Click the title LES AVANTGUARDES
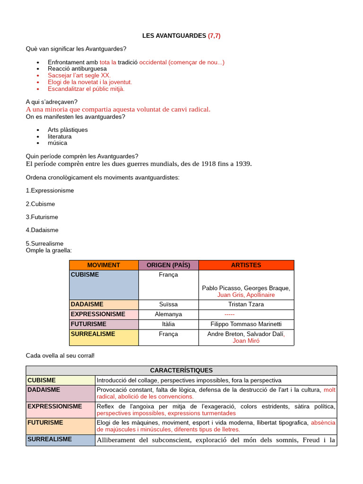coord(174,35)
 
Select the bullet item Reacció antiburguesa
coord(77,69)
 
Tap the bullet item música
coord(57,143)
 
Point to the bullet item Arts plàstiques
coord(68,130)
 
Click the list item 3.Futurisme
coord(42,217)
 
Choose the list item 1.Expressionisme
coord(50,190)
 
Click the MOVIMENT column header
coord(104,265)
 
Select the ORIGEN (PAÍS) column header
coord(168,265)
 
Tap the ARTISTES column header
coord(246,265)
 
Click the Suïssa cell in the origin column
coord(168,304)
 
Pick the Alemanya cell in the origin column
coord(168,314)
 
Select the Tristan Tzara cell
coord(246,304)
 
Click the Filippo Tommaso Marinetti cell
coord(246,324)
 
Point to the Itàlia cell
coord(168,324)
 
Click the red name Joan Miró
coord(246,341)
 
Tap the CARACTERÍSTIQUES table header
coord(181,371)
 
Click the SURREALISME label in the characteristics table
coord(50,439)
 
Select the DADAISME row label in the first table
coord(87,304)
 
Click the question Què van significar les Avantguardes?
coord(76,49)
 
